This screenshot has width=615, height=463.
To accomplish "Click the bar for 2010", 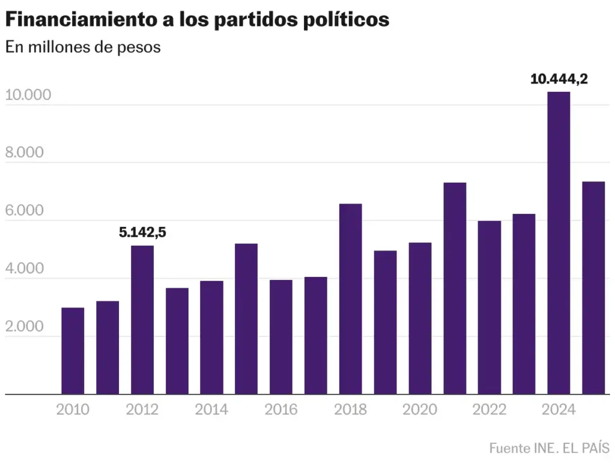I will [73, 351].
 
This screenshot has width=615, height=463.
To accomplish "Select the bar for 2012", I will [142, 319].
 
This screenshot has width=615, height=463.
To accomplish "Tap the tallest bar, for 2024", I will [559, 243].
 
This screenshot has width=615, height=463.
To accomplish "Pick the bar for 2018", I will [351, 298].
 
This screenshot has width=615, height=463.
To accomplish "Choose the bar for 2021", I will [455, 288].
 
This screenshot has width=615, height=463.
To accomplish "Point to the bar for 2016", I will [281, 337].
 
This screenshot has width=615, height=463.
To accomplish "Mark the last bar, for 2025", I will [593, 288].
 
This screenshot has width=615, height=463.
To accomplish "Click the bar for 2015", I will [246, 318].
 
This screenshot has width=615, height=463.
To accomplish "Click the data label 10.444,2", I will [559, 79].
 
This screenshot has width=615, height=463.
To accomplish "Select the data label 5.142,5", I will [142, 232].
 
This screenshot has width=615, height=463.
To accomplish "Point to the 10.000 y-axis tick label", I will [28, 95].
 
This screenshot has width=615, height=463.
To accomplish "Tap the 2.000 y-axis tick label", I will [25, 327].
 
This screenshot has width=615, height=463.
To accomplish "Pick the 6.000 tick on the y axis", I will [25, 211].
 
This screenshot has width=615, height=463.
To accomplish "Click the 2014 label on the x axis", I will [211, 410].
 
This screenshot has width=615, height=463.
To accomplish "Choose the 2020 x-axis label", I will [420, 410].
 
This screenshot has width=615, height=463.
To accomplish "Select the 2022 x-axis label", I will [489, 410].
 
